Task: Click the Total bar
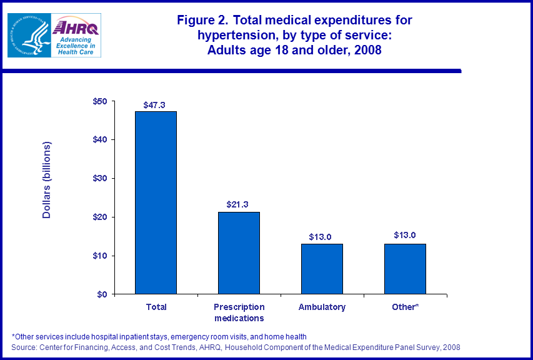(x=156, y=202)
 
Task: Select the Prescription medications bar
(x=239, y=253)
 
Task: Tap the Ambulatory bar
(x=322, y=269)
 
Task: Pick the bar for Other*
(x=405, y=269)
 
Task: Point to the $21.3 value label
(x=239, y=205)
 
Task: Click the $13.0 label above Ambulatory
(x=321, y=237)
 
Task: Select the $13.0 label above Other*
(x=405, y=235)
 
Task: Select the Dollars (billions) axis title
(x=47, y=181)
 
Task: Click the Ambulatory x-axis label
(x=322, y=307)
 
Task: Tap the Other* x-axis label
(x=405, y=307)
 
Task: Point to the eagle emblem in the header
(x=28, y=35)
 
